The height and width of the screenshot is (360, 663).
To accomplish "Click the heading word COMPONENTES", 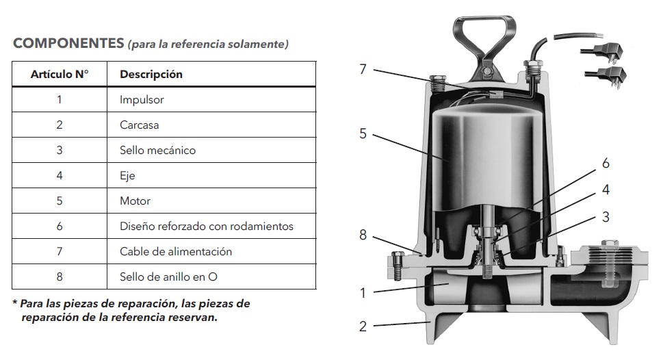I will coord(68,44).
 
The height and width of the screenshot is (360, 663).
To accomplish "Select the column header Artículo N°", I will coord(60,75).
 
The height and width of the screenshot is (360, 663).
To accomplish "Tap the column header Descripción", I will coord(151,75).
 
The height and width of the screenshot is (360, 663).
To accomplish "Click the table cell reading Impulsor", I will coord(142,100).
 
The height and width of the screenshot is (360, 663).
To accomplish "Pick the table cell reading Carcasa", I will coord(139,125).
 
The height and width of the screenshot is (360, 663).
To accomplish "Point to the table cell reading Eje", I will coord(127,176).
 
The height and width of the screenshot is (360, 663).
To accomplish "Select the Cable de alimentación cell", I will coord(176,252).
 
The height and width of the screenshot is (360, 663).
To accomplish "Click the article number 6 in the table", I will coord(60,227).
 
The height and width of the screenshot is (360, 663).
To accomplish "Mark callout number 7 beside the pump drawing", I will coord(363,69).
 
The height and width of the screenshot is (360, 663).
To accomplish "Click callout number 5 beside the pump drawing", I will coord(363,134).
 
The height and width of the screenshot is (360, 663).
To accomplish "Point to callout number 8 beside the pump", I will coord(363,235).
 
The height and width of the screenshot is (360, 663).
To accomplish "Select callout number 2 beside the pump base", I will coord(363,326).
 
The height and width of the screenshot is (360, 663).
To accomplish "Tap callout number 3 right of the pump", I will coord(606,217).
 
